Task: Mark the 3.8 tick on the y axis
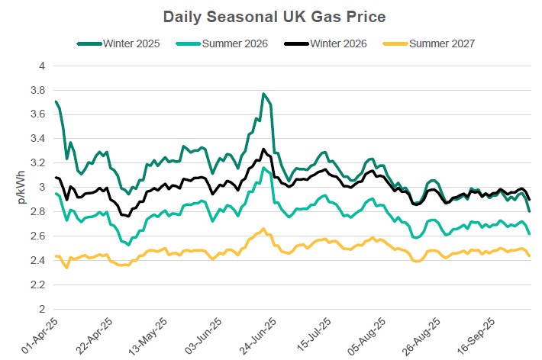coord(38,91)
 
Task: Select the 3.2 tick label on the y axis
coord(38,163)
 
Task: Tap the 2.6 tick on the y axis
coord(38,236)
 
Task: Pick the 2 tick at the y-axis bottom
coord(42,309)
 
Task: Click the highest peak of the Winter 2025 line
coord(263,94)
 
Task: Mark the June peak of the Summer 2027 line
coord(263,229)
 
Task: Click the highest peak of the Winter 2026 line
coord(263,149)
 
